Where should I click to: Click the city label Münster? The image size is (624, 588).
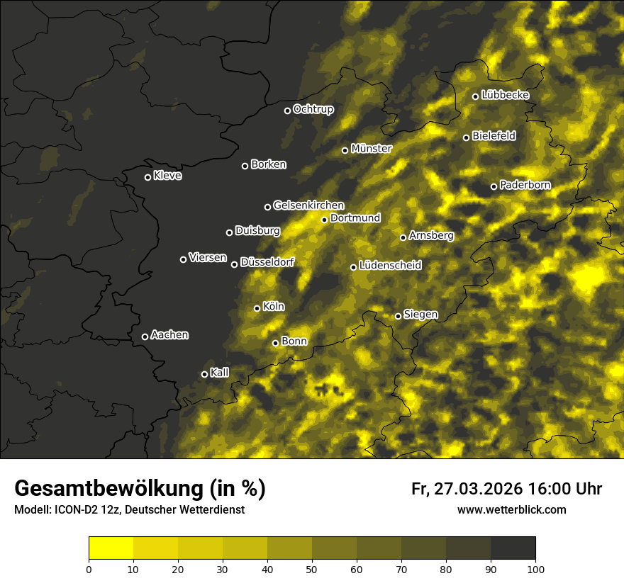click(372, 149)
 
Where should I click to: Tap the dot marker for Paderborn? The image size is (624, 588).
click(494, 186)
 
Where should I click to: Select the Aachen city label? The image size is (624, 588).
click(169, 335)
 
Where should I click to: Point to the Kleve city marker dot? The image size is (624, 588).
click(147, 177)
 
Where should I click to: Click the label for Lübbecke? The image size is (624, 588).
click(505, 95)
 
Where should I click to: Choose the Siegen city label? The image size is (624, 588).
click(420, 315)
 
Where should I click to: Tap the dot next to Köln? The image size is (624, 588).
click(257, 308)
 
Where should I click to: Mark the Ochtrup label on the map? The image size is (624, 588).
click(313, 109)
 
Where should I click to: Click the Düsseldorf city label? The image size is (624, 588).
click(267, 262)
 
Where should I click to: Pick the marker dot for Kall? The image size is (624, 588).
click(204, 374)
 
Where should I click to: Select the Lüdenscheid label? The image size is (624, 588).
click(390, 266)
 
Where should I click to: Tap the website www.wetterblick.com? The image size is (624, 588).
click(511, 509)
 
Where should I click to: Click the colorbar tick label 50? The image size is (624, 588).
click(312, 569)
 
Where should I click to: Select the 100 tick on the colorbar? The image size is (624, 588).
click(535, 569)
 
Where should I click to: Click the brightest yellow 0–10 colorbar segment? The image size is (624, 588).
click(111, 548)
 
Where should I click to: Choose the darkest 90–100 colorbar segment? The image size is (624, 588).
click(513, 548)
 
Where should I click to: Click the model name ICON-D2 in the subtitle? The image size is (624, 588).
click(74, 509)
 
